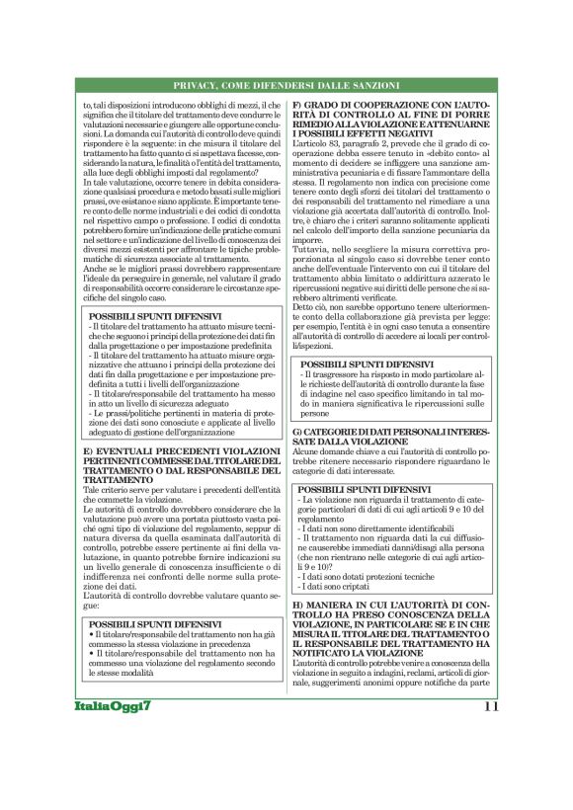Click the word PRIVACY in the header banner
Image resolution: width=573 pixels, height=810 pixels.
pyautogui.click(x=196, y=87)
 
